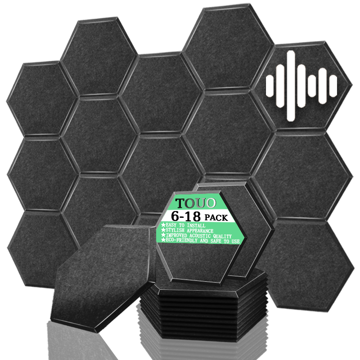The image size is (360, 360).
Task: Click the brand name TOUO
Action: tap(196, 203)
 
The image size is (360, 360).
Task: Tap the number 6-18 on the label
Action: tap(186, 216)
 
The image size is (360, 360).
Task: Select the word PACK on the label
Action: tap(216, 217)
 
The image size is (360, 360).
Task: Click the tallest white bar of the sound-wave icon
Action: tap(291, 85)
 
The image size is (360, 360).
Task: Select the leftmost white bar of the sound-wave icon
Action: tap(270, 86)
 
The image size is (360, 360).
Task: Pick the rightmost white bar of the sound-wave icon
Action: tap(333, 86)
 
